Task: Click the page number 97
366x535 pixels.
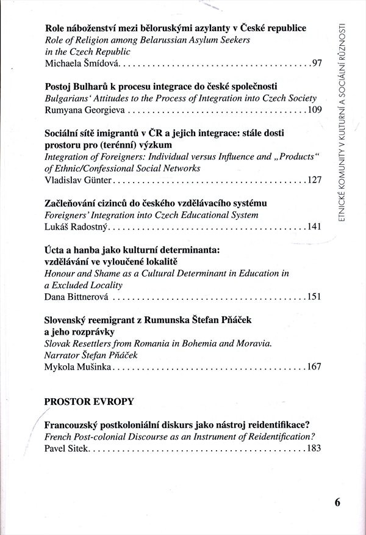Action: pos(316,63)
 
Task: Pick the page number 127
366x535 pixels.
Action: pos(314,180)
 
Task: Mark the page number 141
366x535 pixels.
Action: pos(314,227)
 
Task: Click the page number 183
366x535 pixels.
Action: pos(314,448)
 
